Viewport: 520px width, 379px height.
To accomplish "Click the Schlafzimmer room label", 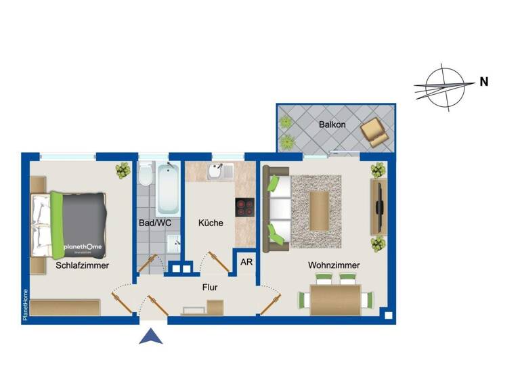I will click(83, 266).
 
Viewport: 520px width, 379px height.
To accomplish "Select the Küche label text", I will click(211, 223).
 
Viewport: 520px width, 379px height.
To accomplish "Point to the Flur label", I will click(210, 287).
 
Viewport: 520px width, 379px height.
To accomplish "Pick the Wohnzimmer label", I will click(334, 265).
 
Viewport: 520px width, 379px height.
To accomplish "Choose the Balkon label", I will click(332, 125).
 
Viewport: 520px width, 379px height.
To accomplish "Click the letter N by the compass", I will click(484, 82).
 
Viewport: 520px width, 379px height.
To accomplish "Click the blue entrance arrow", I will click(151, 336).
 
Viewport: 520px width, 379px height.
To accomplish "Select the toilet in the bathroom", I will click(144, 177).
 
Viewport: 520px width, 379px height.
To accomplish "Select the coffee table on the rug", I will click(319, 210).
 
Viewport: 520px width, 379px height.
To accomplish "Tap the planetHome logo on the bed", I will click(83, 248).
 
